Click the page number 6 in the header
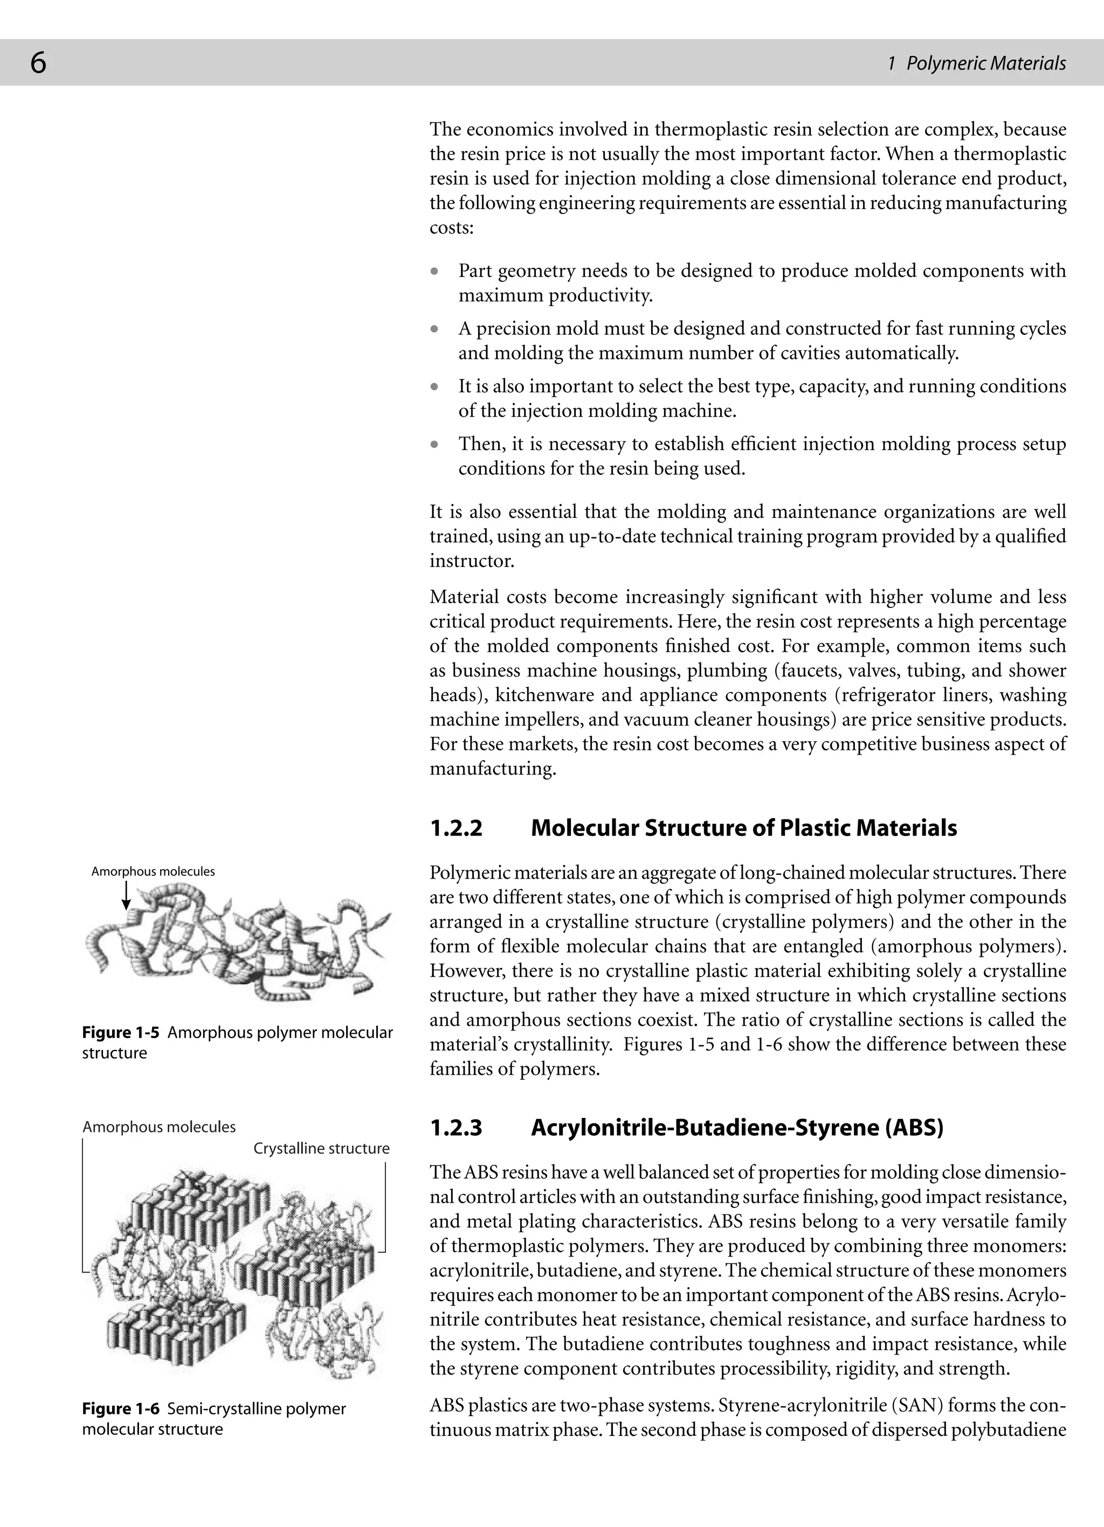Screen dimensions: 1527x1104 [38, 63]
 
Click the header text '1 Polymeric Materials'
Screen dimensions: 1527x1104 [977, 63]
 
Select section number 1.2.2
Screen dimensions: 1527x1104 [456, 828]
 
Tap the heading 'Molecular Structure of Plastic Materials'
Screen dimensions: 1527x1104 [743, 828]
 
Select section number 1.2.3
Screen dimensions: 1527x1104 [456, 1128]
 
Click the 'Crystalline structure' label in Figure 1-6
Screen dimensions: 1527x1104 [321, 1149]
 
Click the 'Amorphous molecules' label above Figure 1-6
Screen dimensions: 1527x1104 [159, 1127]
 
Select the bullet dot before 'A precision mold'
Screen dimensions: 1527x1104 [436, 330]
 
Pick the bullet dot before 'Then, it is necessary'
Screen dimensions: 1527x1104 [436, 445]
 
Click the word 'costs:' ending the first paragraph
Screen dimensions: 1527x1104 [452, 227]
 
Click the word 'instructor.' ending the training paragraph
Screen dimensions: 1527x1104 [471, 561]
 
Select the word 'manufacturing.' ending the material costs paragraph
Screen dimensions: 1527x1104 [493, 769]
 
